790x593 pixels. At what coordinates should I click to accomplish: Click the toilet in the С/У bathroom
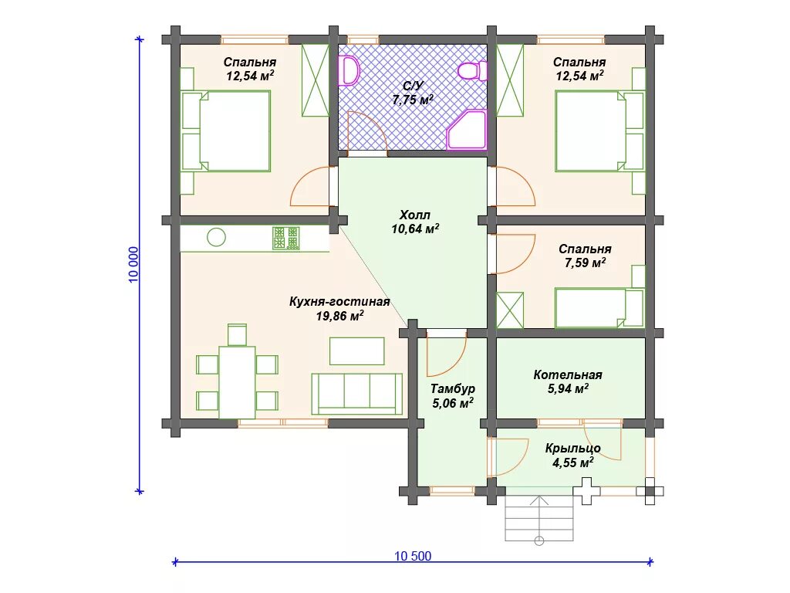(473, 70)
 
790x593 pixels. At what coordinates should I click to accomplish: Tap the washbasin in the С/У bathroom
(349, 70)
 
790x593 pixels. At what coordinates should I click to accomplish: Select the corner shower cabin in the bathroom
(467, 130)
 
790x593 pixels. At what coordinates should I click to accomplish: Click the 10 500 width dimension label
(413, 556)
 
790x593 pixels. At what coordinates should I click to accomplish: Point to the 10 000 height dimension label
(133, 265)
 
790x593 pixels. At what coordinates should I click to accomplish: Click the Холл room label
(414, 215)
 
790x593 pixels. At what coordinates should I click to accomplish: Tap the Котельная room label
(568, 374)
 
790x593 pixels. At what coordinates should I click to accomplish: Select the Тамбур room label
(452, 389)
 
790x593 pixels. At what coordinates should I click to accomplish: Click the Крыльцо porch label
(573, 449)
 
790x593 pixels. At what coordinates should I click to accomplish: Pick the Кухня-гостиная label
(339, 302)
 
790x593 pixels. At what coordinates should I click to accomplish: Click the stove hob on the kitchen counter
(285, 238)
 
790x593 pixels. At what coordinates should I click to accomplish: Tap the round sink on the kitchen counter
(216, 236)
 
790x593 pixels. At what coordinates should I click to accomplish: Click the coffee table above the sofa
(356, 351)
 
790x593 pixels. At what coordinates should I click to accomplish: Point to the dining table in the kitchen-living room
(237, 382)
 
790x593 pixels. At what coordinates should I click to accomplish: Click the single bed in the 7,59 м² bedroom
(599, 307)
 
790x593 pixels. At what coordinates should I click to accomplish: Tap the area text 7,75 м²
(413, 100)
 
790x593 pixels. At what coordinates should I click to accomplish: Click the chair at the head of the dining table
(237, 334)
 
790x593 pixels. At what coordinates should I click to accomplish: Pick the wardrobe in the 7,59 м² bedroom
(510, 310)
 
